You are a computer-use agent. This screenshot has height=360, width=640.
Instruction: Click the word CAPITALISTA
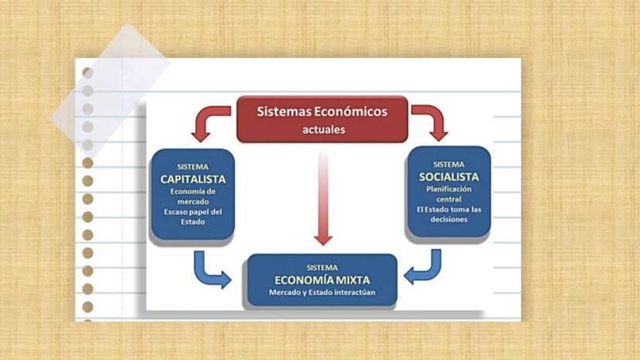pos(193,179)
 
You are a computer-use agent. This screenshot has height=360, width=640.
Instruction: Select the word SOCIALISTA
pos(449,177)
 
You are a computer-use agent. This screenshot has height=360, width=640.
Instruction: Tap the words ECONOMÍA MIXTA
pos(322,280)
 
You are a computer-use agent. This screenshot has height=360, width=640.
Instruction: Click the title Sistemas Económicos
pos(322,111)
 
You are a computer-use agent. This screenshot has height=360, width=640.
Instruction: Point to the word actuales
pos(324,130)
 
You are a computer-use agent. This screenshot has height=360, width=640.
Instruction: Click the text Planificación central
pos(449,194)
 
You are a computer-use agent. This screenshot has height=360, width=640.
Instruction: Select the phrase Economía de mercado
pos(193,197)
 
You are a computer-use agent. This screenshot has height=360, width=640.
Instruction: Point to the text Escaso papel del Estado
pos(193,217)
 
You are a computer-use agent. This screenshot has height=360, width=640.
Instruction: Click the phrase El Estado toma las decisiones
pos(449,214)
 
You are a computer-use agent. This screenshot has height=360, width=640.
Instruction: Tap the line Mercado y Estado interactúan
pos(322,292)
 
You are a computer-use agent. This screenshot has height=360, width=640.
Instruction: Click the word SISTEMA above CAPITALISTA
pos(193,167)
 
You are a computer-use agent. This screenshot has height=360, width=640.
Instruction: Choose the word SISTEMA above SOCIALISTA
pos(449,165)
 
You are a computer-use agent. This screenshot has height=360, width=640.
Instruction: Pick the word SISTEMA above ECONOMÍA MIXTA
pos(322,268)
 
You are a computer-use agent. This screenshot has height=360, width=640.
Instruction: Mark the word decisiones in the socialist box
pos(449,219)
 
